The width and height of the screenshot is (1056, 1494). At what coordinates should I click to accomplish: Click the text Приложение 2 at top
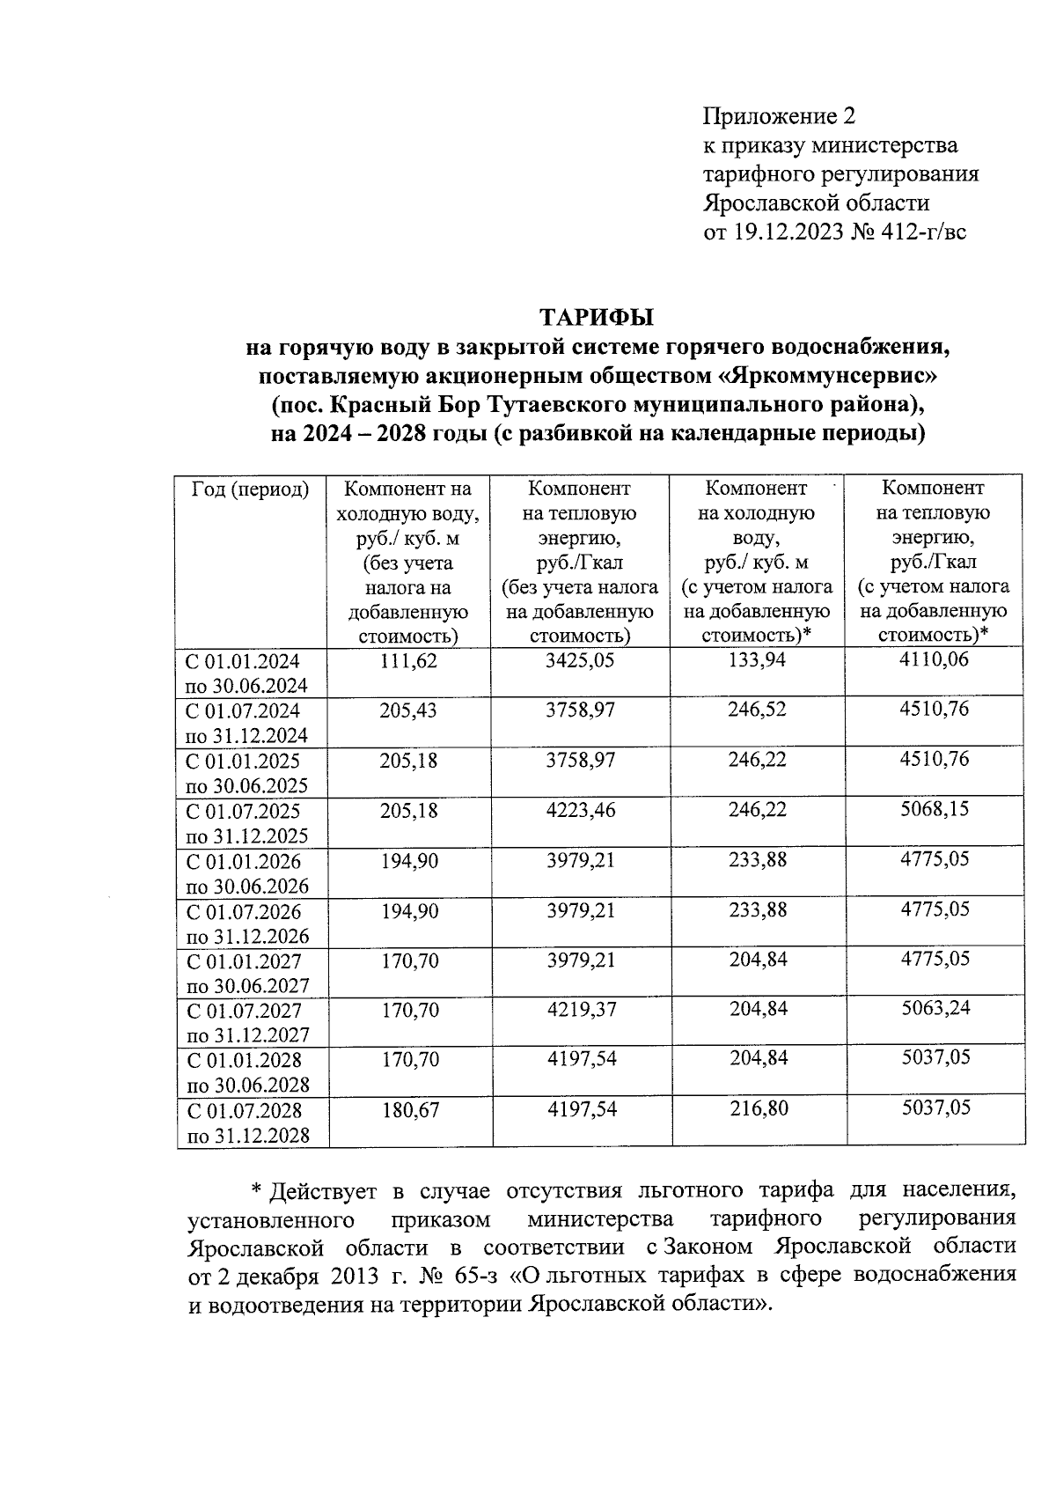(x=779, y=116)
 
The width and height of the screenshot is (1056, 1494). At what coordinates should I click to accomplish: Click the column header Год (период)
(x=251, y=489)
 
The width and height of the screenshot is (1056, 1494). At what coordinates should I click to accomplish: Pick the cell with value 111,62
(x=408, y=660)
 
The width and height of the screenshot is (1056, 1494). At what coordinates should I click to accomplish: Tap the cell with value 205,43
(x=408, y=710)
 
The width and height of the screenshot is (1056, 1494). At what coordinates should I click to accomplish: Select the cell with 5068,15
(x=934, y=808)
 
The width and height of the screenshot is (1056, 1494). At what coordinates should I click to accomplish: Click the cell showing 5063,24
(x=935, y=1008)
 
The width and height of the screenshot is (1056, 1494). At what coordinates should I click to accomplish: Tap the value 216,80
(x=759, y=1109)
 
